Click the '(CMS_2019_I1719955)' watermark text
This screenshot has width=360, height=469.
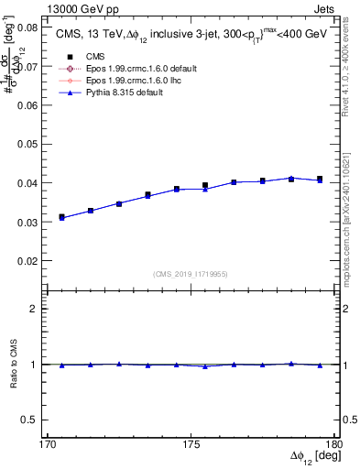(190, 272)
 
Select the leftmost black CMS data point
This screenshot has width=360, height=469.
(62, 217)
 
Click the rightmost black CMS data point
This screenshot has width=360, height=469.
(320, 179)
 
